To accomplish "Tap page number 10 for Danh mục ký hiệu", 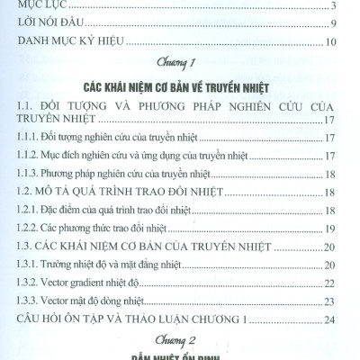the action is (330, 42).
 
